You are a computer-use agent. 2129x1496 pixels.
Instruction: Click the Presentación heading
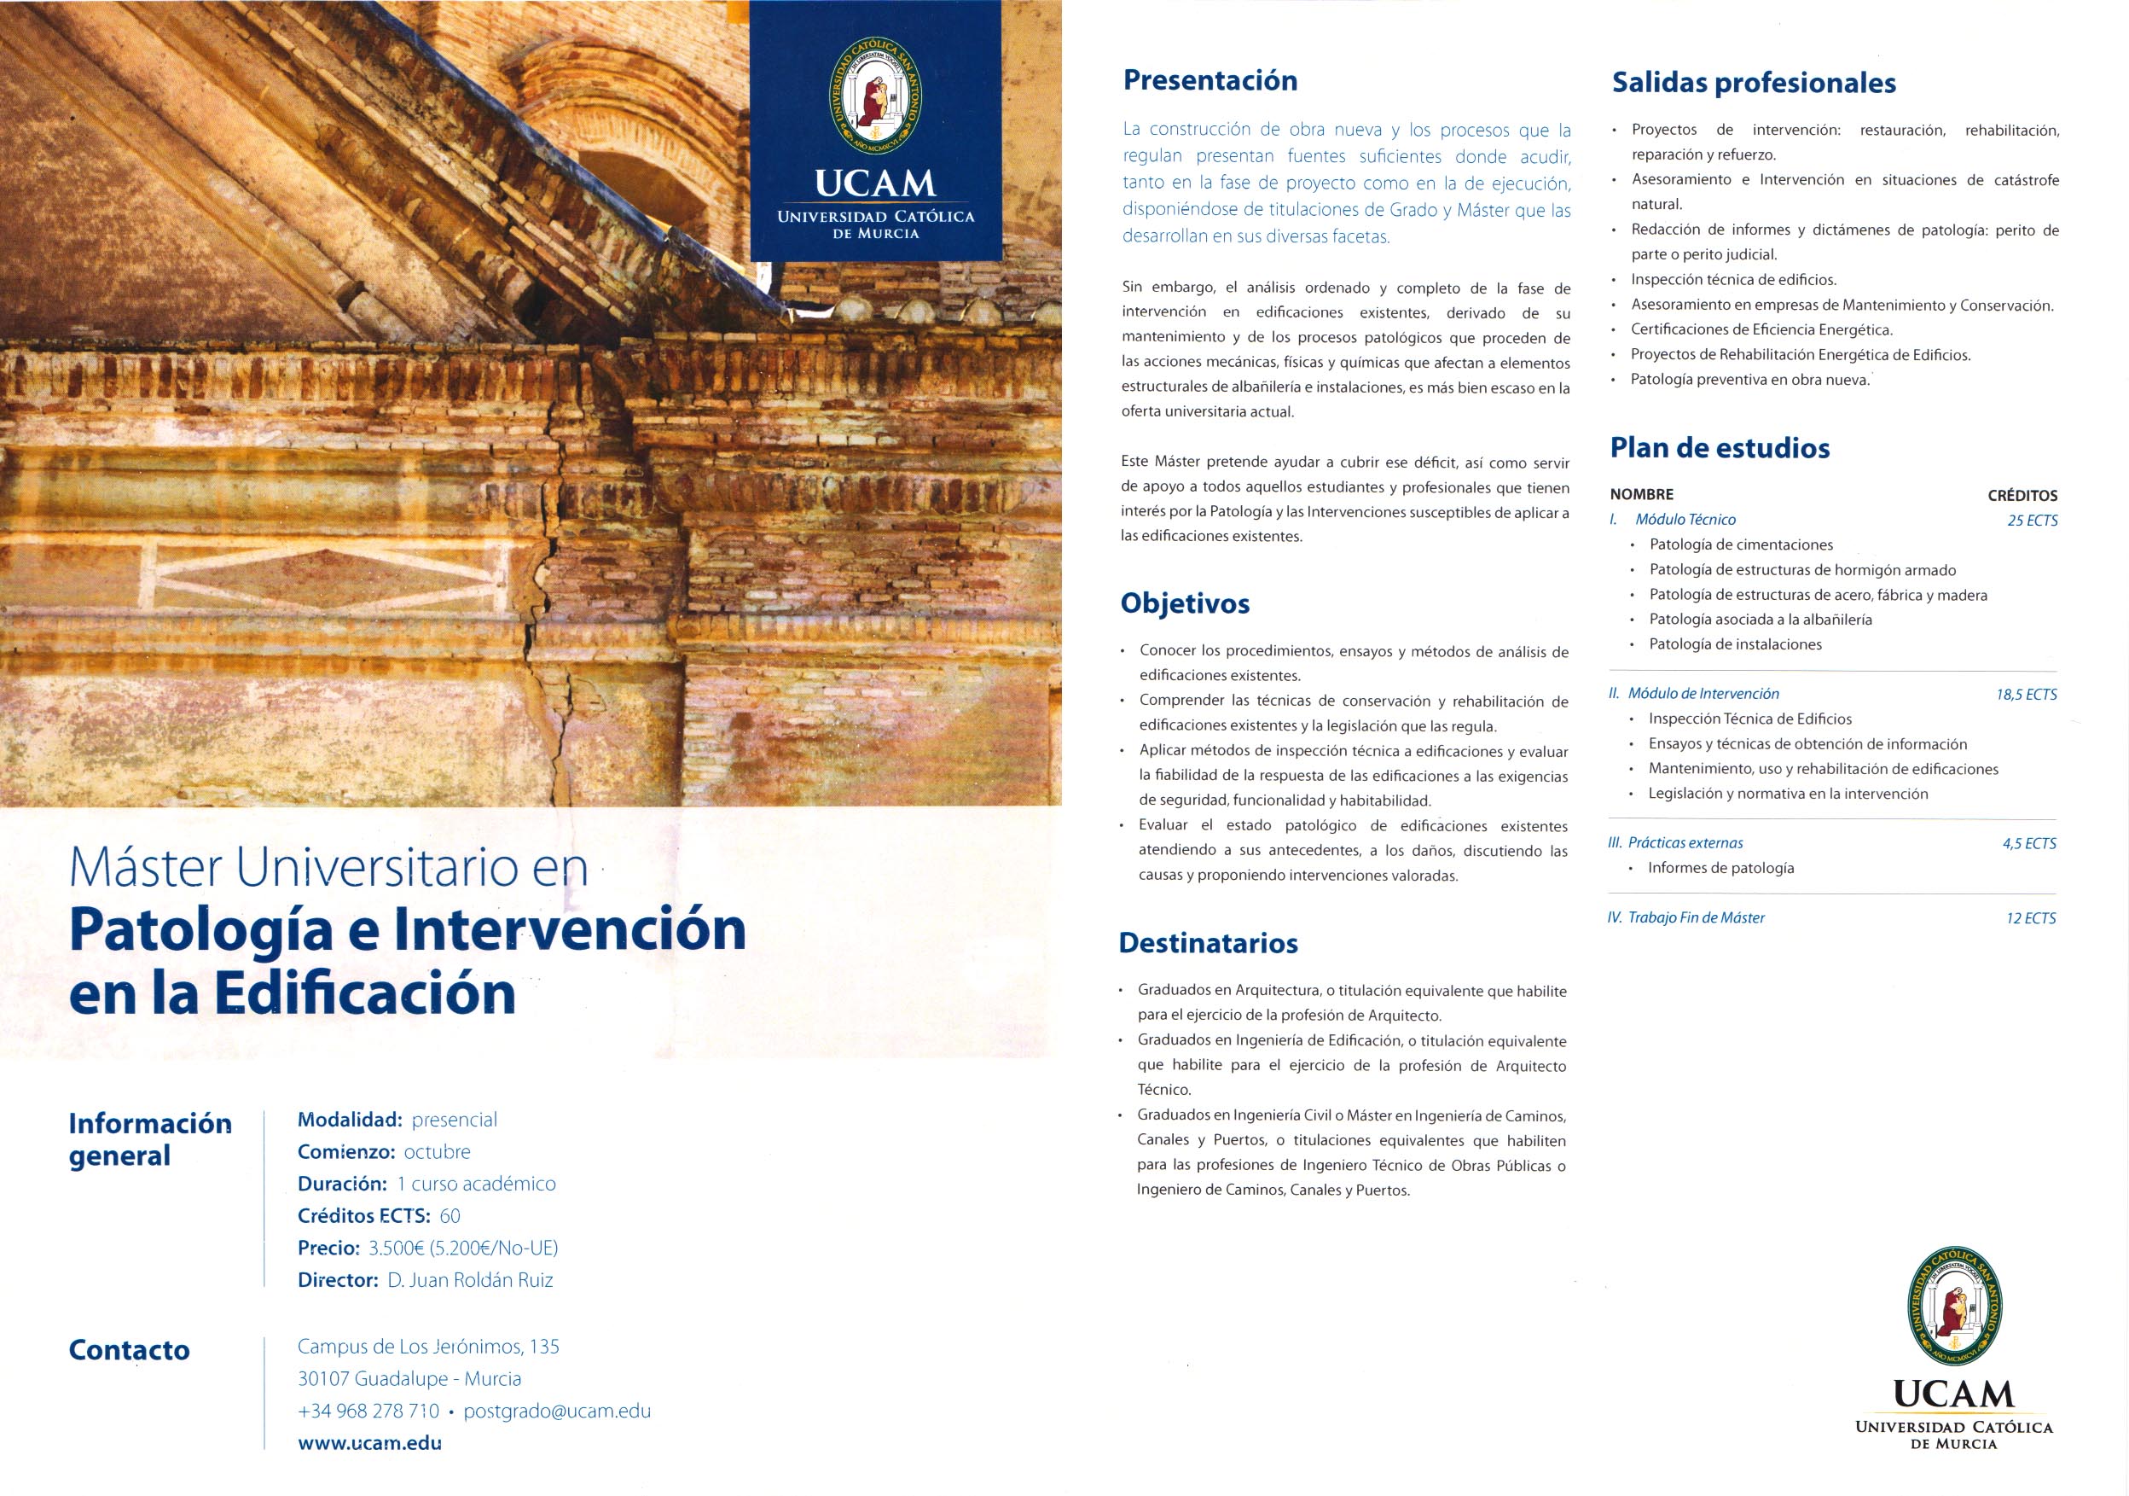[x=1210, y=81]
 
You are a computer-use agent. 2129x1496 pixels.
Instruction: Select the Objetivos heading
[x=1184, y=604]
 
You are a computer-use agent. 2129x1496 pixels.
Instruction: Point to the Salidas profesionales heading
[x=1754, y=84]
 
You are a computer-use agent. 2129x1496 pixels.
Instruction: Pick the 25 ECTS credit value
[x=2032, y=521]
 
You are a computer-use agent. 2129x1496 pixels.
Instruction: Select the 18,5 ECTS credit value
[x=2026, y=694]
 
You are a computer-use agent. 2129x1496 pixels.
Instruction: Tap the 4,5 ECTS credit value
[x=2029, y=843]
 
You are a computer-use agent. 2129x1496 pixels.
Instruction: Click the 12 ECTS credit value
[x=2031, y=918]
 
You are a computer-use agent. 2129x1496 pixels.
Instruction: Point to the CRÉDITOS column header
[x=2022, y=495]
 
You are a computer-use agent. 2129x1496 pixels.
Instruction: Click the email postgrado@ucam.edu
[x=556, y=1411]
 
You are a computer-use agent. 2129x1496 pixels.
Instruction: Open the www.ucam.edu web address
[x=369, y=1443]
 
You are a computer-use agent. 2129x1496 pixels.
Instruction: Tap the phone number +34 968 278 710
[x=368, y=1411]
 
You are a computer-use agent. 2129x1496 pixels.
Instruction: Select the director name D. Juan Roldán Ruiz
[x=469, y=1280]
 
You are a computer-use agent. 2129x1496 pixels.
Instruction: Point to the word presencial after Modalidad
[x=455, y=1120]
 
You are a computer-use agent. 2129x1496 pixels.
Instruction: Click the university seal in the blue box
[x=874, y=96]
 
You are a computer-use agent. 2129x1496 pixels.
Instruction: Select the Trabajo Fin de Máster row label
[x=1696, y=918]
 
